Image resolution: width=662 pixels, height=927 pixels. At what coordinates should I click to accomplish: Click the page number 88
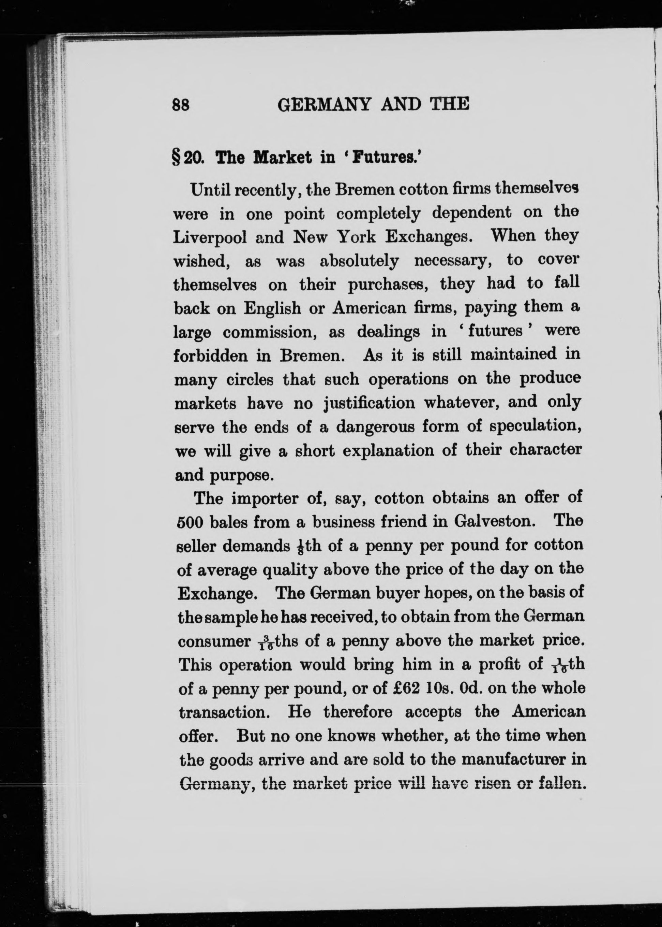pos(181,105)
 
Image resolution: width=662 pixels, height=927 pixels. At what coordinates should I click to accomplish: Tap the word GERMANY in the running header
pos(324,104)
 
